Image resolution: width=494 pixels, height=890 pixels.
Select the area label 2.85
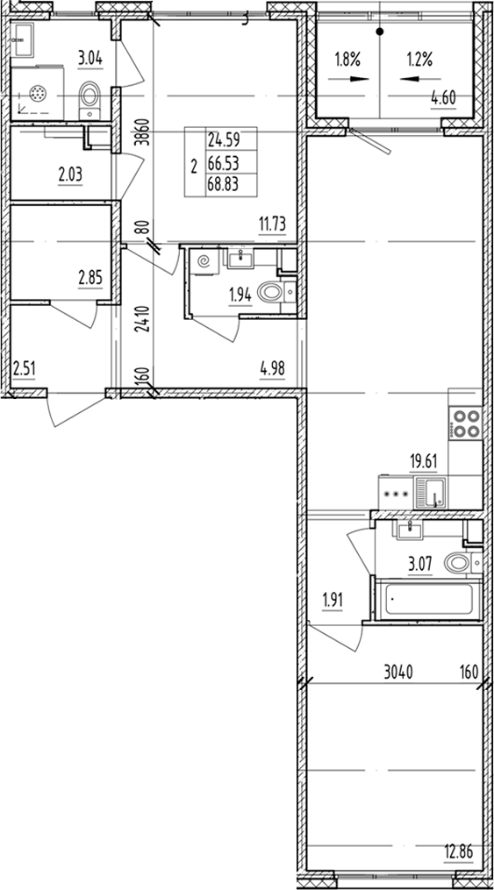90,278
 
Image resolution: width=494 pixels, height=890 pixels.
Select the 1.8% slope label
347,61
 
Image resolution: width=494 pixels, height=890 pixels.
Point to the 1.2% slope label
418,61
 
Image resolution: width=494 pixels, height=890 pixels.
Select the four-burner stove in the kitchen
465,424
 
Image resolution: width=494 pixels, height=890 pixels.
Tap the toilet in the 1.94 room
278,295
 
